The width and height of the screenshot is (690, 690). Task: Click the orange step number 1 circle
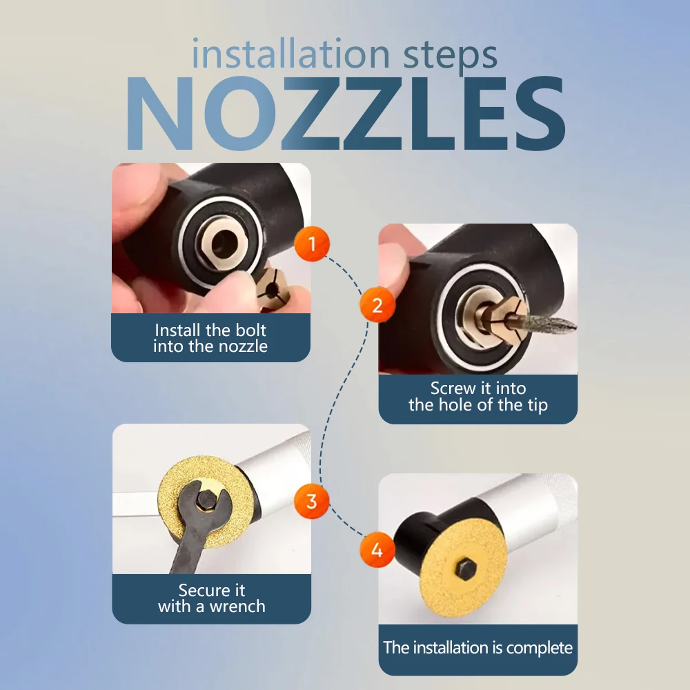[x=312, y=244]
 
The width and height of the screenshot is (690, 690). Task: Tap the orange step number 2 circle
[x=377, y=304]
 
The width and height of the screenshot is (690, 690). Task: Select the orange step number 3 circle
[x=312, y=501]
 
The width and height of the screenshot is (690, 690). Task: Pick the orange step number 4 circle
[x=377, y=550]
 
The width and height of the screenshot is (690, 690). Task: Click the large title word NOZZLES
[x=346, y=114]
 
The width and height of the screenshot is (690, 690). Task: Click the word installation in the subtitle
[x=291, y=54]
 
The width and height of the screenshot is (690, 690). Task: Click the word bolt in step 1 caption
[x=251, y=330]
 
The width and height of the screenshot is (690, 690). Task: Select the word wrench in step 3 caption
[x=237, y=607]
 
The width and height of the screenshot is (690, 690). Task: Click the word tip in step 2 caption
[x=538, y=405]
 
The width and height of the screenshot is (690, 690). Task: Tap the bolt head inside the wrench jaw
[x=206, y=499]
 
